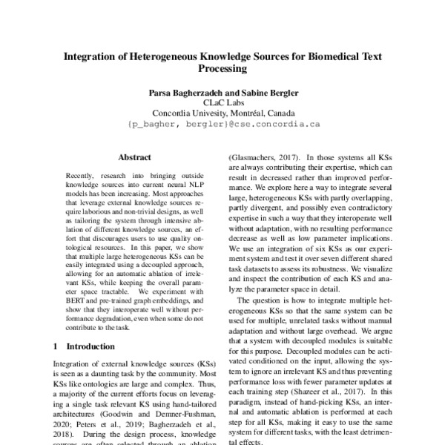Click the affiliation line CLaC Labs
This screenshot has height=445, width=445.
(222, 103)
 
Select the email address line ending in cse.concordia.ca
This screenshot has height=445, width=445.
(222, 125)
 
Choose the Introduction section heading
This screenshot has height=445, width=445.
(89, 346)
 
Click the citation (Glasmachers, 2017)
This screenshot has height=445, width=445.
(263, 157)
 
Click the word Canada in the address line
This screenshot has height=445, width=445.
(289, 113)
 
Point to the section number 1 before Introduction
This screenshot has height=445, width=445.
(57, 346)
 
